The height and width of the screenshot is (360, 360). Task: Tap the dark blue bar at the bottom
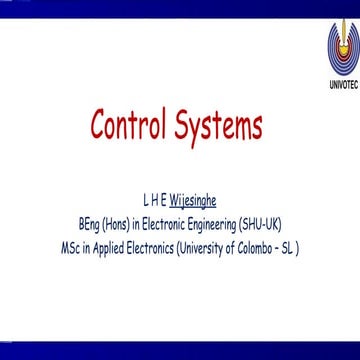(180, 351)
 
